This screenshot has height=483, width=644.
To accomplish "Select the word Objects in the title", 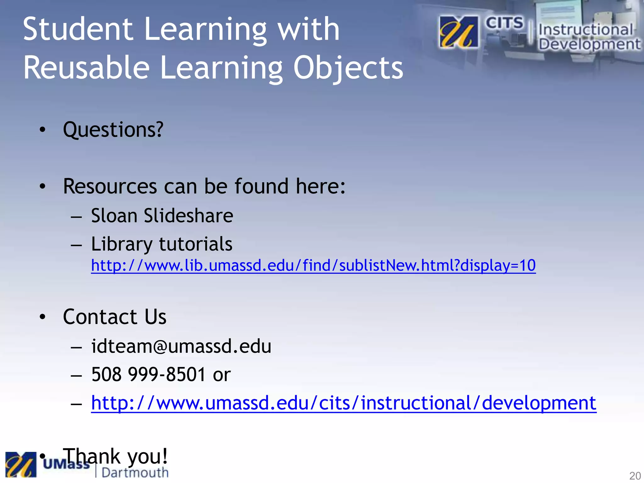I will coord(348,68).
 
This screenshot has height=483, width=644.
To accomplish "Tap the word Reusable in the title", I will coord(86,67).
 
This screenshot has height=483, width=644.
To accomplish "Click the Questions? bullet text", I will coord(113,129).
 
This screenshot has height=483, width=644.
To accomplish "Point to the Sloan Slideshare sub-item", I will coord(162,216).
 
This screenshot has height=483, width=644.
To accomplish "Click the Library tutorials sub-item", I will coord(162,244).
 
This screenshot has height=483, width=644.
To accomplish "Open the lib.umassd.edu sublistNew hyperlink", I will coord(313,265).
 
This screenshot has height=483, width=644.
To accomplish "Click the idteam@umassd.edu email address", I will coord(181,346).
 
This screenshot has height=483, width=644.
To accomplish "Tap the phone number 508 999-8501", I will coord(148,374).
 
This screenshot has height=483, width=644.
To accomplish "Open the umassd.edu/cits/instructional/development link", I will coord(343,403).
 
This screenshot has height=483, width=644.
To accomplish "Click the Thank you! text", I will coord(115,456).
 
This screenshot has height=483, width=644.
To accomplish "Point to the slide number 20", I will coord(635,475).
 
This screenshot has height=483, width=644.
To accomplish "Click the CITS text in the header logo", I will coord(504,23).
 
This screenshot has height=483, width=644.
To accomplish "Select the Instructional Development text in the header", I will coord(589,37).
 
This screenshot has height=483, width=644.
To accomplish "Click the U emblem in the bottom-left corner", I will coord(21,464).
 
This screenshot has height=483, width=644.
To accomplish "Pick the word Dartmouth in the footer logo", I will coord(135,473).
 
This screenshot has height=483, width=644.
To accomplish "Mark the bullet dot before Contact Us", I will coord(42,317).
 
